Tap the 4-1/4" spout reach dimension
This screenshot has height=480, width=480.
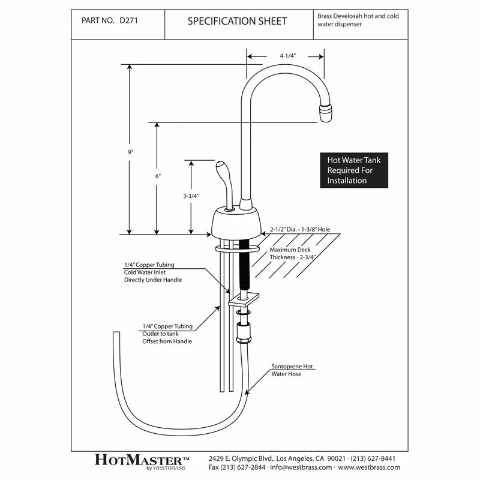click(x=287, y=55)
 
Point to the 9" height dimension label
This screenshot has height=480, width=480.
click(x=130, y=152)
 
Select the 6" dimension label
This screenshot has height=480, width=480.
click(x=158, y=176)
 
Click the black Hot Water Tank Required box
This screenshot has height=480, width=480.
click(x=353, y=170)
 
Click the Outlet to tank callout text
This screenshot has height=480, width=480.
click(x=167, y=334)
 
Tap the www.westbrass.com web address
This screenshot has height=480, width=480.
click(x=370, y=466)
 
